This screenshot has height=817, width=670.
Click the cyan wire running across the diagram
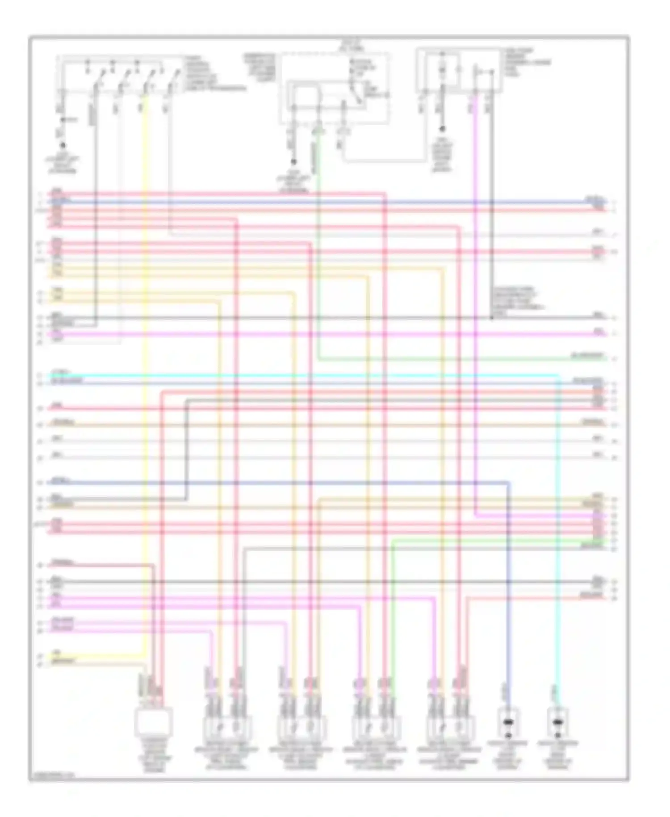313,375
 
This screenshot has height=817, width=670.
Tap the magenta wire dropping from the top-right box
475,313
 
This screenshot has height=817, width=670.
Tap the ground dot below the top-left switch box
63,146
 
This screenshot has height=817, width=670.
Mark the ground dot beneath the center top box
293,162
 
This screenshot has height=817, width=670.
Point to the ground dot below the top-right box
443,129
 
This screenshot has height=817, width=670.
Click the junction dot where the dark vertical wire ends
491,318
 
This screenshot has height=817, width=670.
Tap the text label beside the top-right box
527,63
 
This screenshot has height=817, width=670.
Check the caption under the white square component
153,755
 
